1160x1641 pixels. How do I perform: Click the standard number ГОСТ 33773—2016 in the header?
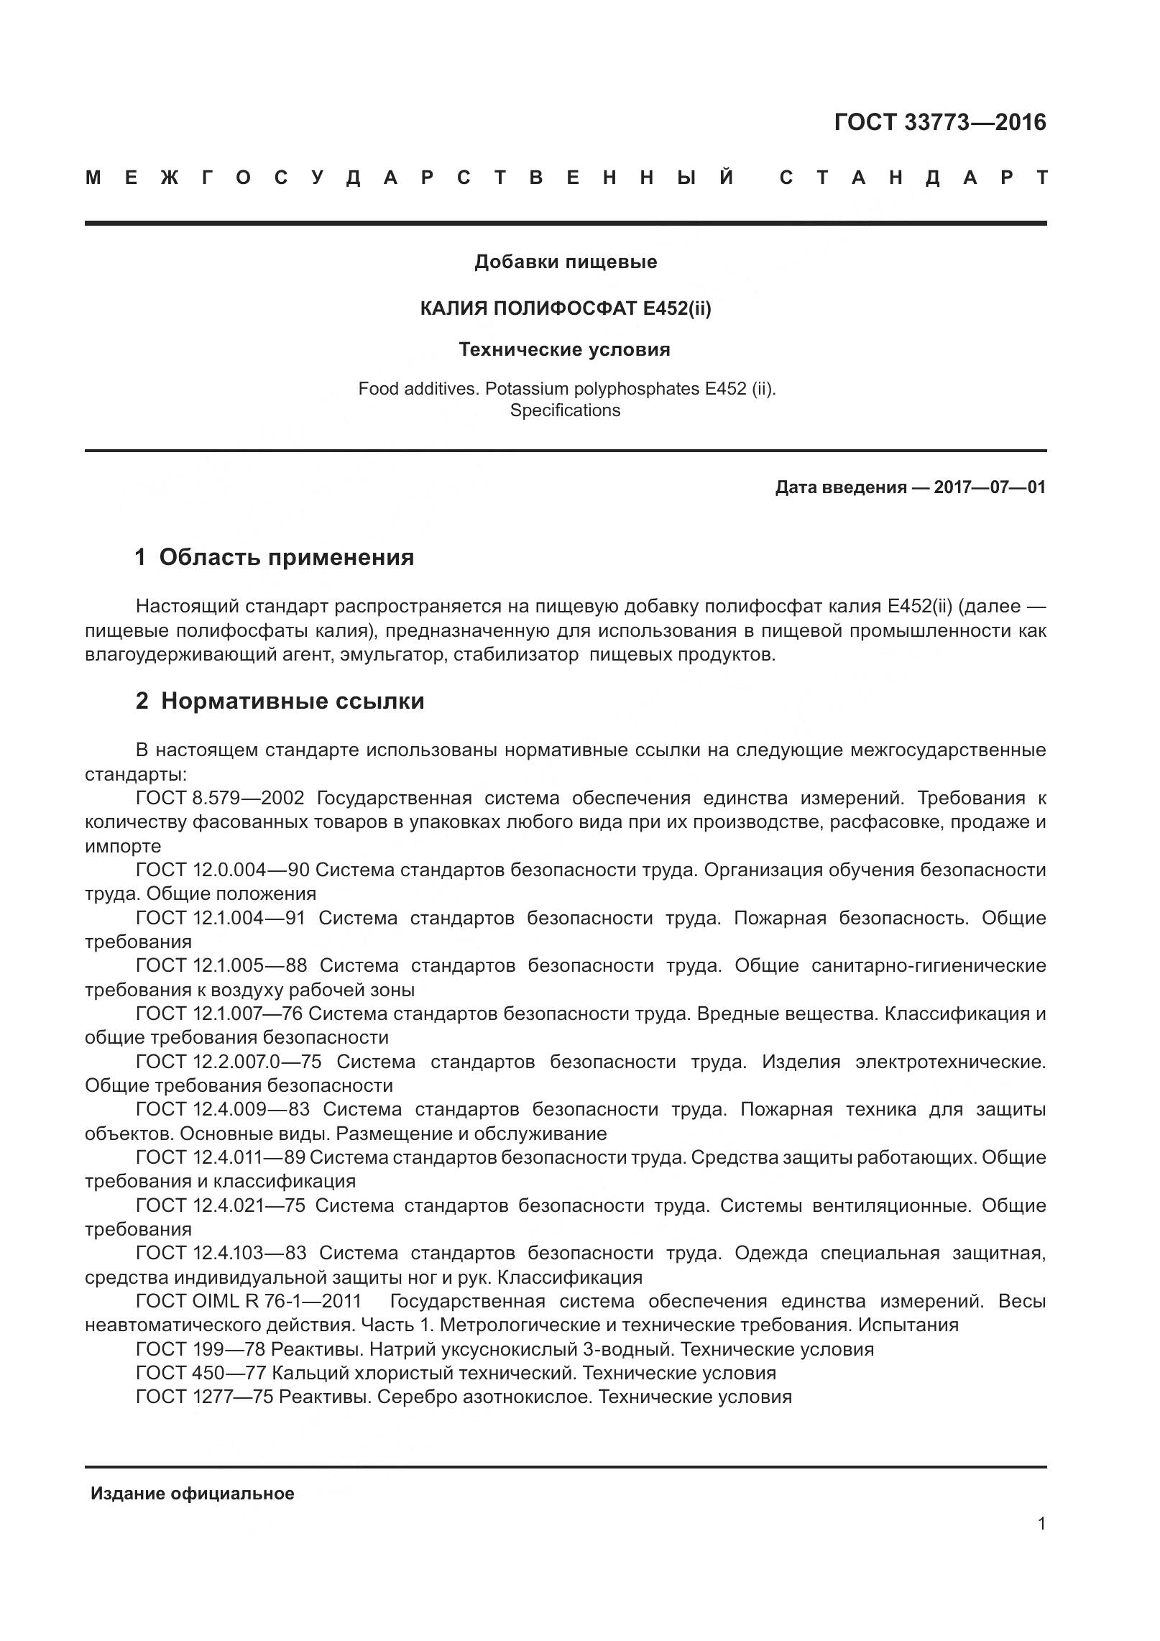click(939, 123)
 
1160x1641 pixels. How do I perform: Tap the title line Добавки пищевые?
click(565, 262)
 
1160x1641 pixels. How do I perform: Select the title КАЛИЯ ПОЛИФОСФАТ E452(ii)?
click(565, 308)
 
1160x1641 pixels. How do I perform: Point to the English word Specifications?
click(565, 410)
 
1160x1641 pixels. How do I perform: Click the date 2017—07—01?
click(989, 487)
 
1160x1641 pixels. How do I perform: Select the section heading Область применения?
click(286, 557)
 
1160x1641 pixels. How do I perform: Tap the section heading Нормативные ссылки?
click(292, 701)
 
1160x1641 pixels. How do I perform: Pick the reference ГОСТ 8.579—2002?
click(220, 799)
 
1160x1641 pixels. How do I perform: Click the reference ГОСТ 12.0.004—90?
click(222, 870)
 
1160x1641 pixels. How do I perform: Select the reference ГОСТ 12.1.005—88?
click(221, 965)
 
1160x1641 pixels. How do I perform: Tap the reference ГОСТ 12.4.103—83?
click(221, 1253)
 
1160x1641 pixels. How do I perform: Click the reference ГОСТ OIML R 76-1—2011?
click(249, 1301)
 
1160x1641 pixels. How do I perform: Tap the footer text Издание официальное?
click(192, 1494)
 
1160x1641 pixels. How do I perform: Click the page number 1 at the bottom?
click(1041, 1544)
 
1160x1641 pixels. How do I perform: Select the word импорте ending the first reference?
click(123, 846)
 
